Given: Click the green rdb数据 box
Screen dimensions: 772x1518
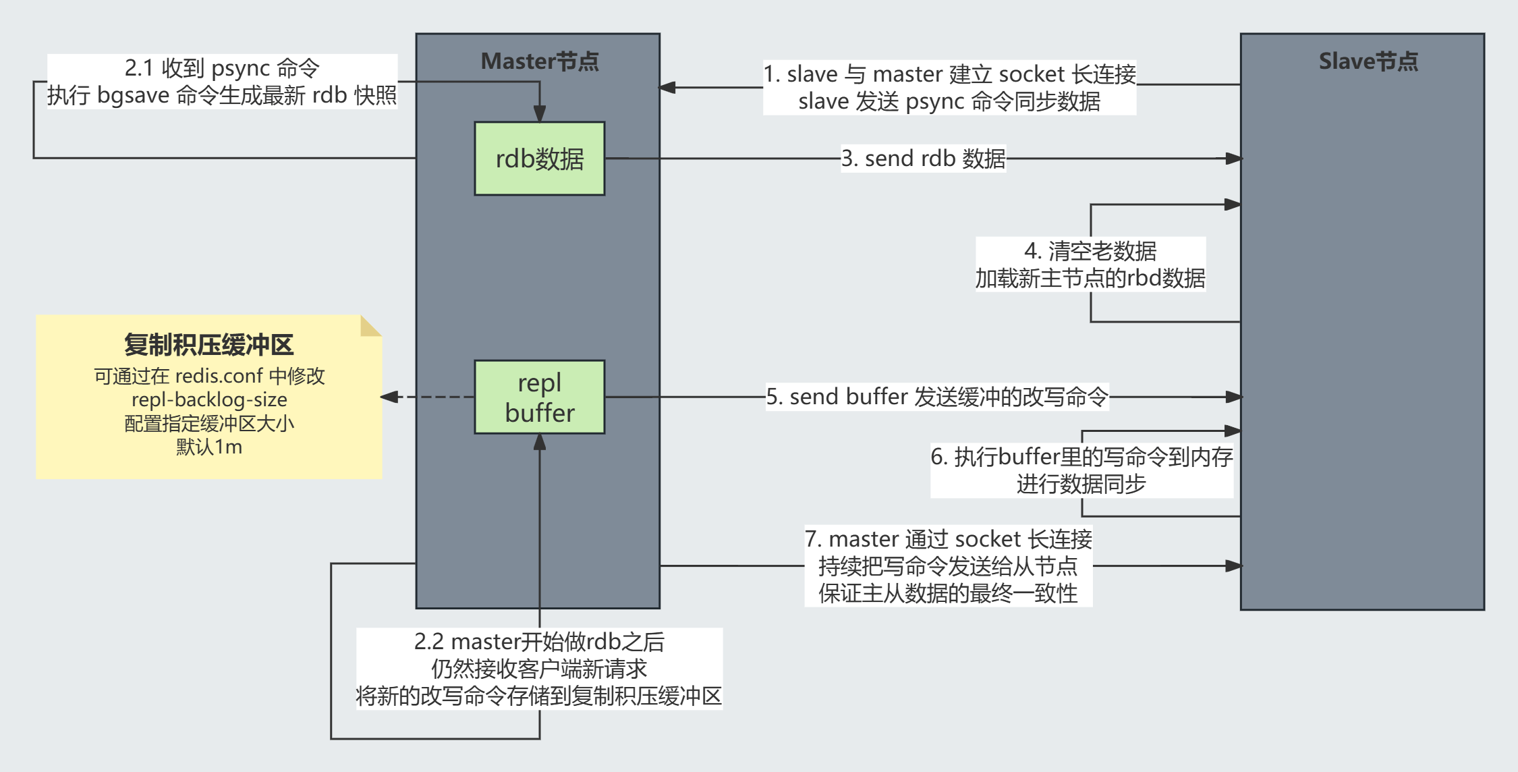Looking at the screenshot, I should coord(539,159).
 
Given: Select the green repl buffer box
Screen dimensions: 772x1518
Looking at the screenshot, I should coord(539,397).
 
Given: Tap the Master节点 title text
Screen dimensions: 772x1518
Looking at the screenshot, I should coord(539,61).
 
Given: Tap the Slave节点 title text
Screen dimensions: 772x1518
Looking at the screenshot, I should coord(1368,61).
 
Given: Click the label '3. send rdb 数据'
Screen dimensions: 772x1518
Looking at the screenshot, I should coord(923,159).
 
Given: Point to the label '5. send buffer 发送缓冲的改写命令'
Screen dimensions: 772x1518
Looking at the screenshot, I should coord(937,397).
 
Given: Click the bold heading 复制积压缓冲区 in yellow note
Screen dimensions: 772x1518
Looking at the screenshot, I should coord(208,345).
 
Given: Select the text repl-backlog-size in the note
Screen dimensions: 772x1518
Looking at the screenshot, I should coord(209,399).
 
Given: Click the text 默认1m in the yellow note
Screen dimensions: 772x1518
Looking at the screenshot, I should coord(209,447).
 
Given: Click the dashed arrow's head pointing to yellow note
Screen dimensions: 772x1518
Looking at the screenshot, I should coord(388,397).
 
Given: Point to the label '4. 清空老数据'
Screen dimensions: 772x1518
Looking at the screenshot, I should coord(1090,251).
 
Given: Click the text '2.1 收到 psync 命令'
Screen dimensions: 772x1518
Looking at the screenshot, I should coord(222,68).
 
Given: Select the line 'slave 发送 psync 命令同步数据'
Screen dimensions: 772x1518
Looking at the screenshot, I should coord(949,101).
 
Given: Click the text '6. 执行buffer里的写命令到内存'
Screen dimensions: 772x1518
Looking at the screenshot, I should coord(1081,457).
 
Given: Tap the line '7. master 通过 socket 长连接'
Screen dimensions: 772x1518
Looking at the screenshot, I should coord(948,539).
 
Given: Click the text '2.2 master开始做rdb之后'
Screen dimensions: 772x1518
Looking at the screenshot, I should coord(539,641).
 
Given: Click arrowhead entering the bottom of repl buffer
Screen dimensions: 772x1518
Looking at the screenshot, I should coord(539,442).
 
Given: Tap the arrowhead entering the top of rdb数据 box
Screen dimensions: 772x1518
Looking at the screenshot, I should coord(539,113).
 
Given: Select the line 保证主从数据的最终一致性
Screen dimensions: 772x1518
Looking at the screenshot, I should coord(948,593).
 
